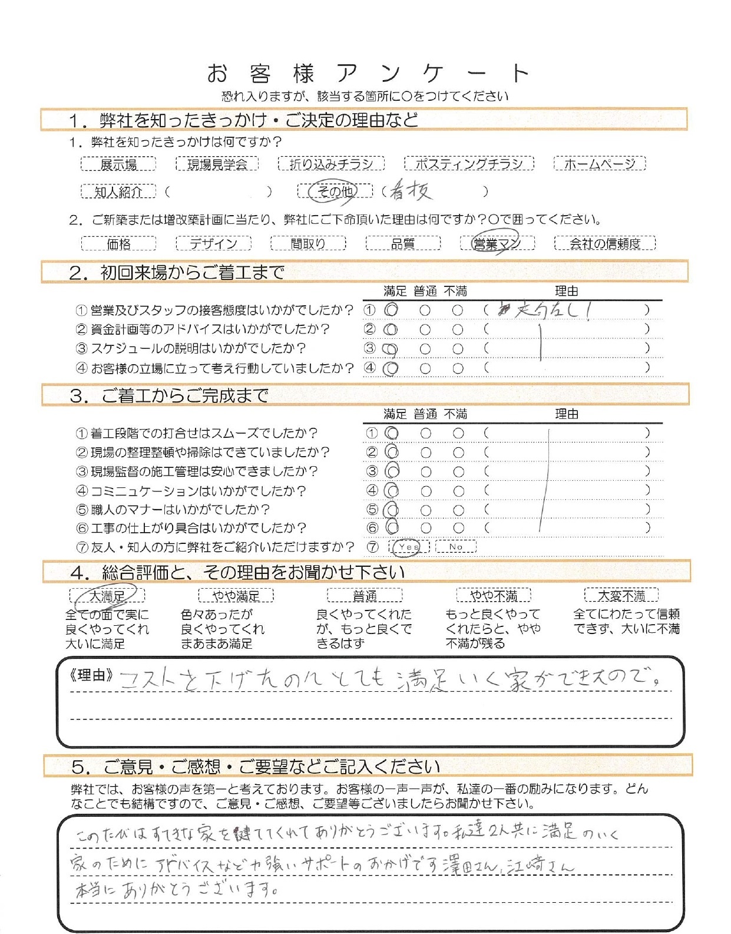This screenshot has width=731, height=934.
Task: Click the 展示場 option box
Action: (118, 164)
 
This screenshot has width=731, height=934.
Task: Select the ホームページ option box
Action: (600, 164)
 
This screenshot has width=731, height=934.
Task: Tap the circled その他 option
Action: (335, 191)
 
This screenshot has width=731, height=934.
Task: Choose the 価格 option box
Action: (118, 243)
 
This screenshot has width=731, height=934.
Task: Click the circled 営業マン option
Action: (497, 243)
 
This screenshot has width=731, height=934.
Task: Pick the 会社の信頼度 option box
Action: (604, 243)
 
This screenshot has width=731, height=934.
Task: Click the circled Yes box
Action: (409, 547)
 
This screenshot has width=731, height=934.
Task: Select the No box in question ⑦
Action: (456, 547)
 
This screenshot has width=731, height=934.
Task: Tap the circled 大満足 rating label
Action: (107, 596)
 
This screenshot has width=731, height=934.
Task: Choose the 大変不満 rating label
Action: (621, 596)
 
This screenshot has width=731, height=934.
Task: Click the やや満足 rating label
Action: (236, 596)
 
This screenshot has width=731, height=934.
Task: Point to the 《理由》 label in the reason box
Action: (91, 675)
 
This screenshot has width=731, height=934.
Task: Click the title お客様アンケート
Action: (368, 74)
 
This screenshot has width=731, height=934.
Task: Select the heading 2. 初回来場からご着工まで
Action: (177, 273)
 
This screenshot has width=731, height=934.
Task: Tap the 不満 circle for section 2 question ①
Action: (458, 310)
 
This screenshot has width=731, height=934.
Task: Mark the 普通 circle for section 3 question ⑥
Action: (426, 528)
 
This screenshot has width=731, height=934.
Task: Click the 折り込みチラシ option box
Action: (331, 164)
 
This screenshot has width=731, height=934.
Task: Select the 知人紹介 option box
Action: (118, 192)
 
